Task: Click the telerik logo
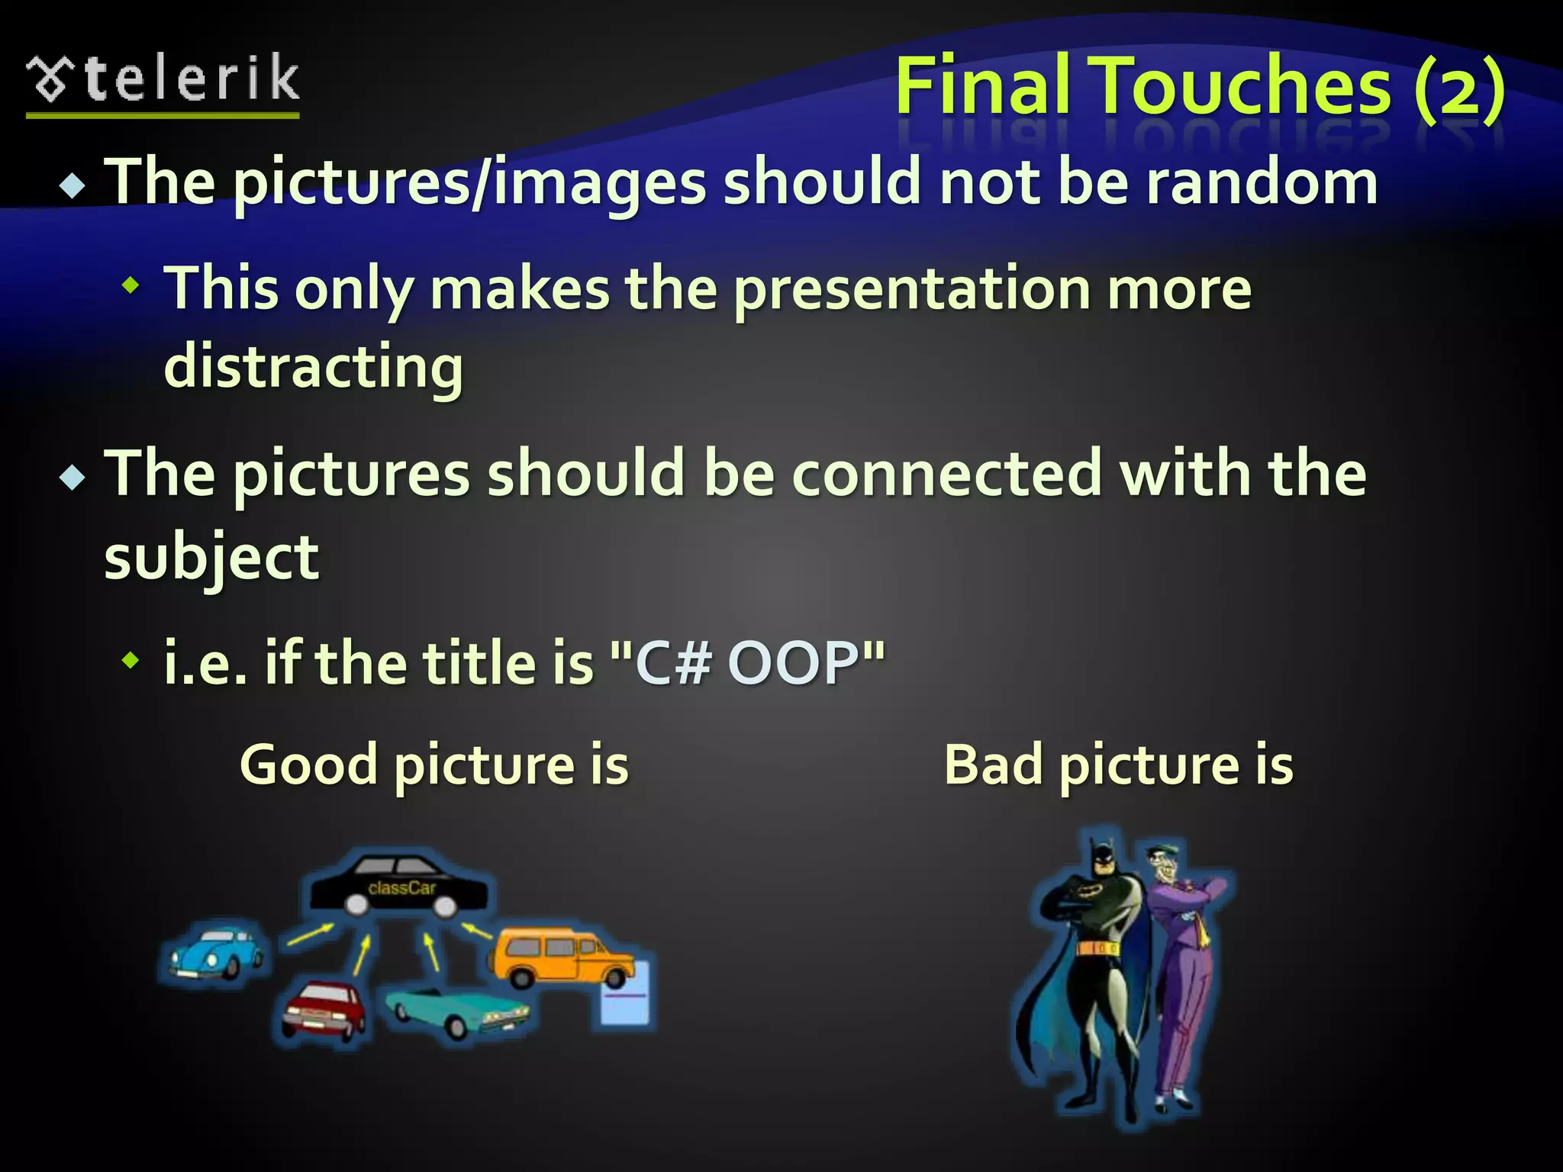click(163, 82)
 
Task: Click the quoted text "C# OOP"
click(749, 662)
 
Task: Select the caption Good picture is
click(434, 765)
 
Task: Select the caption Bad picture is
click(1119, 765)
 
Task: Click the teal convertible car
click(456, 1010)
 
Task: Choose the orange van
click(563, 958)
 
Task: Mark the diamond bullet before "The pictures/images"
click(73, 185)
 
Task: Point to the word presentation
click(912, 290)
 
